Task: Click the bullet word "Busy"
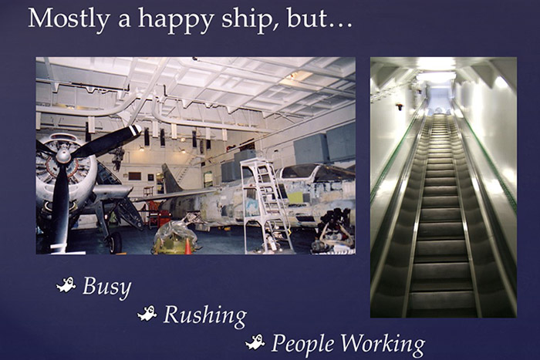tap(106, 288)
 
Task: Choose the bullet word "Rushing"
tap(204, 315)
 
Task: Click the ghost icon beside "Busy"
tap(66, 286)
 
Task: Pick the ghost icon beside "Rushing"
tap(147, 313)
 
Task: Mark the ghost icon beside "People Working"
tap(255, 341)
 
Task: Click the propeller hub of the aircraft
tap(64, 156)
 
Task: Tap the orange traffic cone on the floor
tap(187, 247)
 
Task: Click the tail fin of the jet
tap(172, 178)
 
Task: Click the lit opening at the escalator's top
tap(437, 98)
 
